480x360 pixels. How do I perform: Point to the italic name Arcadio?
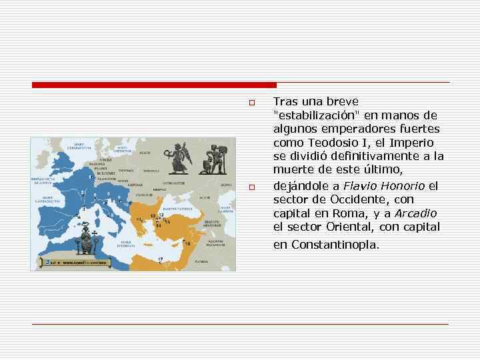416,213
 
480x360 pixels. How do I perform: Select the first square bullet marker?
252,103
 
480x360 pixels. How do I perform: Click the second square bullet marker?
252,187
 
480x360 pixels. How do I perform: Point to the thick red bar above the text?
154,85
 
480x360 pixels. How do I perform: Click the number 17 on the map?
160,259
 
